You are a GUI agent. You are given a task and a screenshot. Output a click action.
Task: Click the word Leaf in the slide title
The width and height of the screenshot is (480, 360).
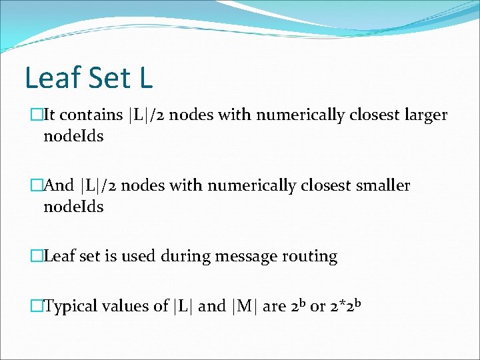tap(53, 77)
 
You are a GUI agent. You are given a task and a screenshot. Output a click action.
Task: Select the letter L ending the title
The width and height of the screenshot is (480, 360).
tap(146, 77)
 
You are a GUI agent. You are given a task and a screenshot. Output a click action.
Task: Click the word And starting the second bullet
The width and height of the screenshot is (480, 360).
tap(58, 185)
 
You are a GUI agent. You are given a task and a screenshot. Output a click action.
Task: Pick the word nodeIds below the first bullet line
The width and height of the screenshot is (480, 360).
tap(73, 136)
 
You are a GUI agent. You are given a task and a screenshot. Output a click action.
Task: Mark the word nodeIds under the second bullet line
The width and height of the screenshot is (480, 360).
tap(73, 207)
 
